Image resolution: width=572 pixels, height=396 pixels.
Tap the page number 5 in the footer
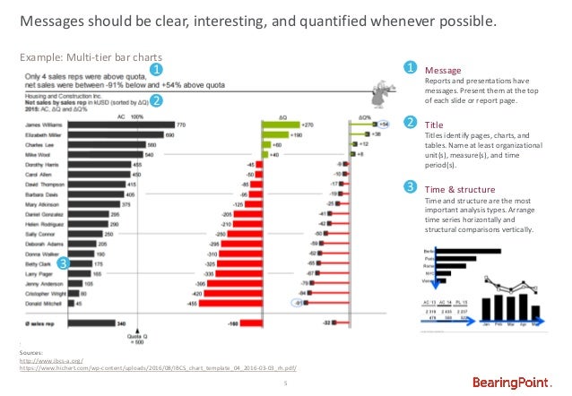click(284, 383)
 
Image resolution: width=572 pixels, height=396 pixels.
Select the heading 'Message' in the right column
click(442, 69)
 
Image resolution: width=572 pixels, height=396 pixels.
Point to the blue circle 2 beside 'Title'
click(411, 123)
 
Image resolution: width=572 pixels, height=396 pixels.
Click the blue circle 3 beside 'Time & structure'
click(411, 187)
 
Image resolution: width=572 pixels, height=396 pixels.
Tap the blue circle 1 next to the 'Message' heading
click(411, 68)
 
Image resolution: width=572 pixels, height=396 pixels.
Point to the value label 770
click(181, 125)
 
